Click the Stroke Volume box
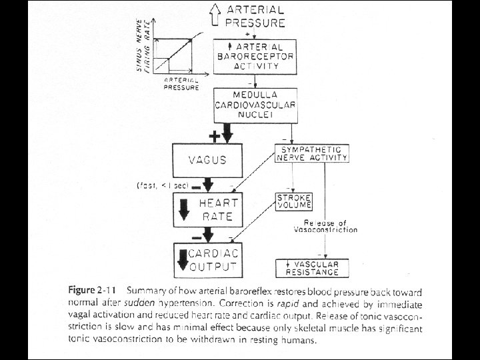(x=294, y=201)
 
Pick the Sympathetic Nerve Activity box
(x=312, y=153)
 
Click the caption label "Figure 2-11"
(x=89, y=292)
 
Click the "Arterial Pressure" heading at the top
(x=257, y=16)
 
